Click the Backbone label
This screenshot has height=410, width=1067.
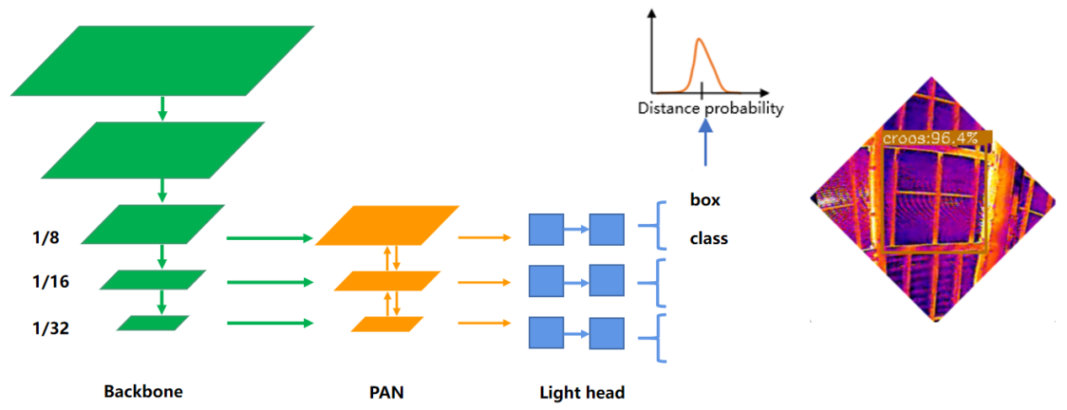click(143, 391)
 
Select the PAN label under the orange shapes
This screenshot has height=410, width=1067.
click(387, 391)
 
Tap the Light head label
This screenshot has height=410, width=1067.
click(582, 392)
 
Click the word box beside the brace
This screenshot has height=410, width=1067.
click(705, 200)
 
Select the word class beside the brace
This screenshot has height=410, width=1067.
click(708, 238)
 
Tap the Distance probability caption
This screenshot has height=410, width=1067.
click(710, 108)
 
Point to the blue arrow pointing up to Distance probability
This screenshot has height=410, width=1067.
click(706, 142)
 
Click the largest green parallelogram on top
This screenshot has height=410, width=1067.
click(163, 60)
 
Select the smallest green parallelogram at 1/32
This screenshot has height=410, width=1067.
click(152, 322)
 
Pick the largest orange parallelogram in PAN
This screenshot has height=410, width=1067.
click(387, 225)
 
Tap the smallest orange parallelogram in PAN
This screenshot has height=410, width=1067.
click(387, 323)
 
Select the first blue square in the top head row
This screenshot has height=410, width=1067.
click(546, 230)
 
